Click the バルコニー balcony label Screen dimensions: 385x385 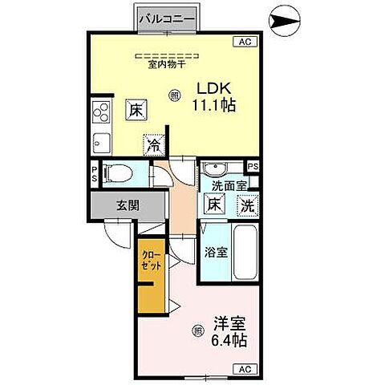[x=167, y=16]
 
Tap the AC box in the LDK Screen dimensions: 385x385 [x=245, y=41]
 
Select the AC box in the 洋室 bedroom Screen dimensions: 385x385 [x=245, y=369]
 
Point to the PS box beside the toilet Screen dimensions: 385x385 [x=94, y=174]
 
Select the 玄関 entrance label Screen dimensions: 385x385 [x=127, y=205]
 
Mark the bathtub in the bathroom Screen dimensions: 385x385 [x=245, y=253]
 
